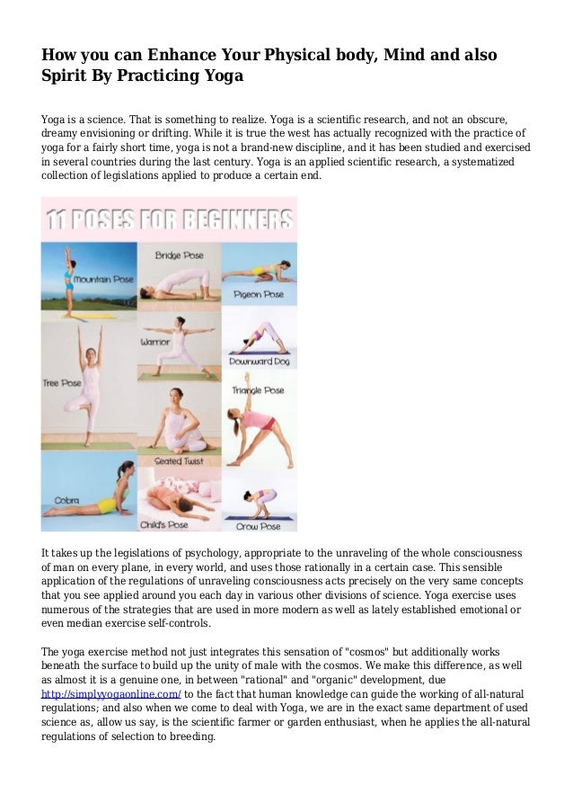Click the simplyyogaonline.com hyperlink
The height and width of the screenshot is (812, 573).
[x=111, y=694]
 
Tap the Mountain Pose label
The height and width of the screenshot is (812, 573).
[x=103, y=280]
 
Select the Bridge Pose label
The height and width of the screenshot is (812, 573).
[x=179, y=255]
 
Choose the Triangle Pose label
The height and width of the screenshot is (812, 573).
[x=258, y=390]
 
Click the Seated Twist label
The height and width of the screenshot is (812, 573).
[x=179, y=461]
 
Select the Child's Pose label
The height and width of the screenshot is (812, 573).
[x=163, y=524]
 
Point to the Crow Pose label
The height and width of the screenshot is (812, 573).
[x=258, y=525]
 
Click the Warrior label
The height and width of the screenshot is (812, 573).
[x=154, y=343]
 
